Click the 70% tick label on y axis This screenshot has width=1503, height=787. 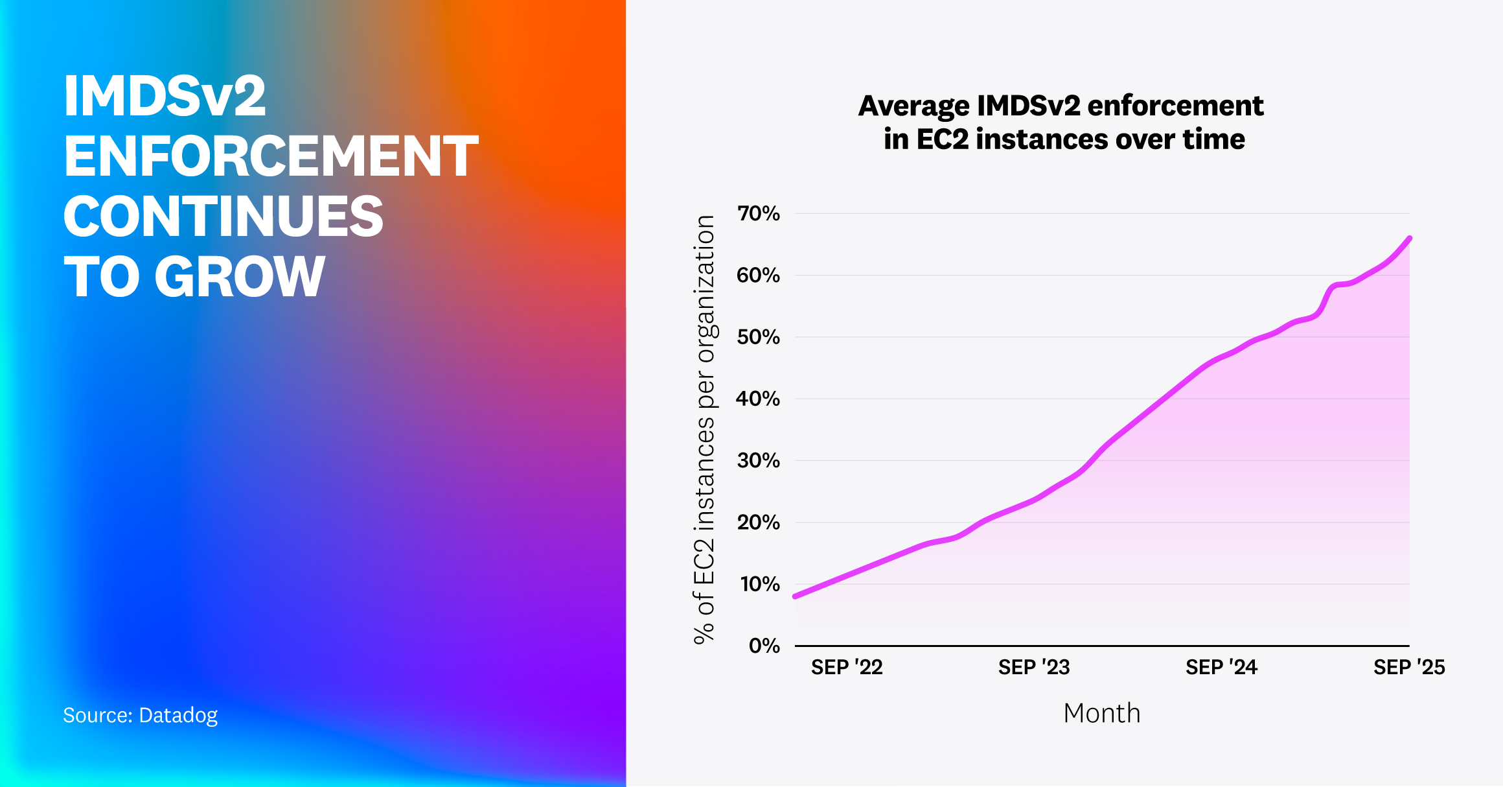tap(758, 213)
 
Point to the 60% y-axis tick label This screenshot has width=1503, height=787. tap(758, 275)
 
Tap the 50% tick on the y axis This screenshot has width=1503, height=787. tap(758, 337)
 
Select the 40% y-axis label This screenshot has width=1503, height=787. tap(758, 399)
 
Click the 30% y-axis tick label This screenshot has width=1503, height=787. tap(758, 460)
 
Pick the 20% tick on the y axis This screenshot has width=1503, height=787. tap(758, 523)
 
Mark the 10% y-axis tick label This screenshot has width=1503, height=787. tap(759, 584)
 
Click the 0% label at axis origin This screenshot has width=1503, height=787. tap(764, 646)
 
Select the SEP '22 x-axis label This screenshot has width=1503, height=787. tap(847, 667)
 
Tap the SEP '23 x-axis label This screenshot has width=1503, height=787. tap(1034, 667)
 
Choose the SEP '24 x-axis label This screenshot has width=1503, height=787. tap(1221, 667)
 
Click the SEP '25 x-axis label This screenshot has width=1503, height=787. tap(1409, 667)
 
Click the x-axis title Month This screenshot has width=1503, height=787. tap(1101, 713)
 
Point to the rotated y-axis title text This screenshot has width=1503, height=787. tap(705, 429)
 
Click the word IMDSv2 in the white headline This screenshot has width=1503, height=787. tap(165, 97)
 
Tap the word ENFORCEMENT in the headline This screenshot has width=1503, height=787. tap(271, 157)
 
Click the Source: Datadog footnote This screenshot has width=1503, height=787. tap(140, 715)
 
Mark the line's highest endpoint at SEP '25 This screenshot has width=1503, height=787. tap(1409, 239)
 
